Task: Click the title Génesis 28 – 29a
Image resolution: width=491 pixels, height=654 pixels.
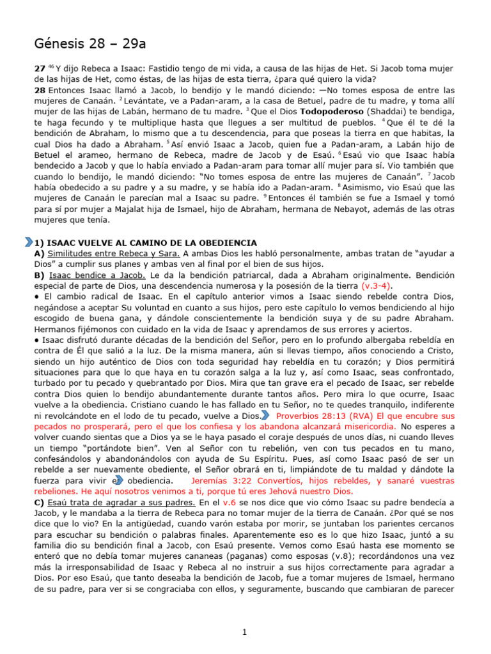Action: (90, 44)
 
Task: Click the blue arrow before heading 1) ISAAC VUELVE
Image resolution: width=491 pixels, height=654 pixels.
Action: (28, 243)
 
